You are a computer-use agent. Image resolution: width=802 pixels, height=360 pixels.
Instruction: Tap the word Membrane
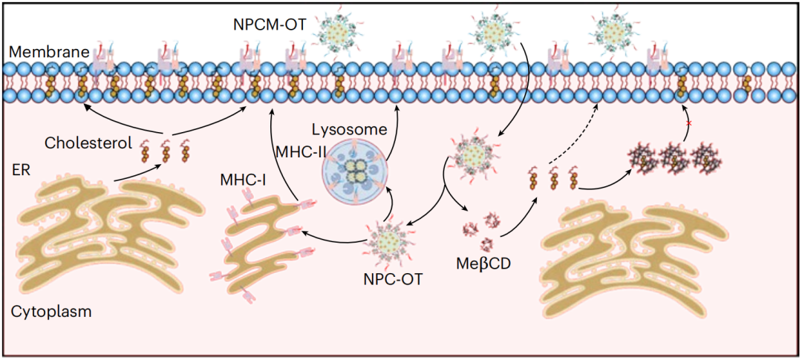pos(48,51)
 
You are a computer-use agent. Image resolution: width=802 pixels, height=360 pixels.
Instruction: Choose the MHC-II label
pos(296,152)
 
